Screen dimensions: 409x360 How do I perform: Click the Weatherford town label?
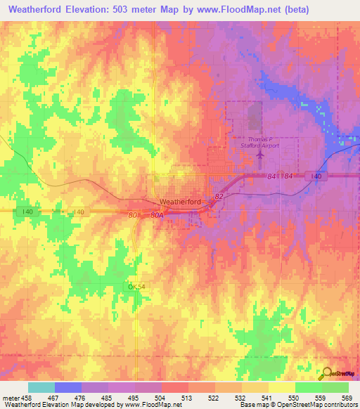(x=181, y=202)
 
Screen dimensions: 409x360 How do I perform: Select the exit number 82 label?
(x=219, y=197)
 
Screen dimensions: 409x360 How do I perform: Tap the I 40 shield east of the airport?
(x=316, y=176)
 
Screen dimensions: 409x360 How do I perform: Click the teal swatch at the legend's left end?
(x=41, y=387)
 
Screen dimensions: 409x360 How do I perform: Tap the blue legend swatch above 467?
(x=68, y=387)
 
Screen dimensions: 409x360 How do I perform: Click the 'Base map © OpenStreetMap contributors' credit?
(x=297, y=405)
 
